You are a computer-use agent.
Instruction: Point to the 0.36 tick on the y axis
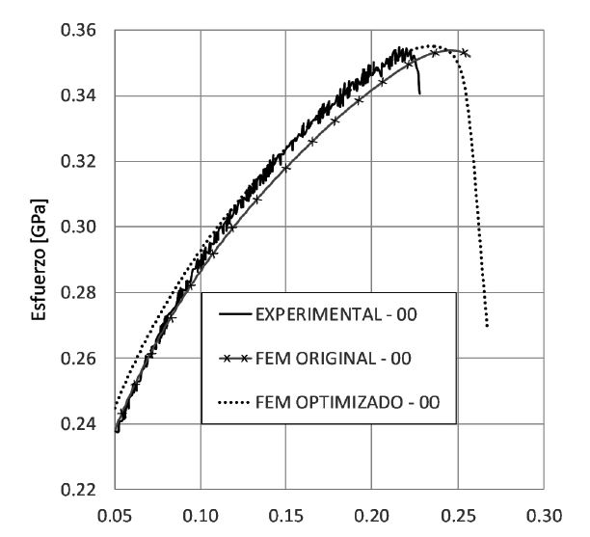(x=88, y=31)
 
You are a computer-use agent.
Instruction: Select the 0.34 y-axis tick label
(x=88, y=96)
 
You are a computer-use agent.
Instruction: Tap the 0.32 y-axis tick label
(x=88, y=162)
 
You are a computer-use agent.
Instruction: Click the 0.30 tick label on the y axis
(x=88, y=228)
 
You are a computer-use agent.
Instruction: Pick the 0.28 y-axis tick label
(x=88, y=293)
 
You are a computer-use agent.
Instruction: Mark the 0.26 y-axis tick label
(x=88, y=359)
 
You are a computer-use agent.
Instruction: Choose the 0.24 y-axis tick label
(x=88, y=424)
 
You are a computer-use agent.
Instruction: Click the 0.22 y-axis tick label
(x=88, y=490)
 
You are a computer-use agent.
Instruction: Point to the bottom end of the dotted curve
(x=487, y=326)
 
